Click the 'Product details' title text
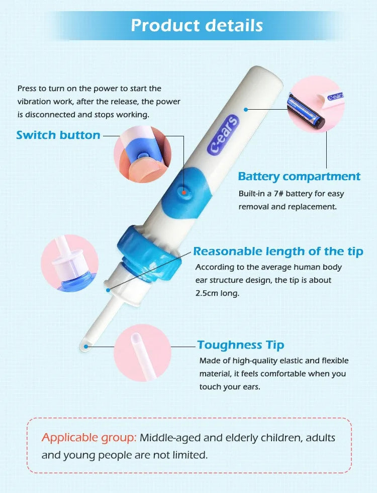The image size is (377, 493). pos(197,25)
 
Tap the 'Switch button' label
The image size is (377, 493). pos(58,135)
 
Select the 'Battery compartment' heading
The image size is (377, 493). pos(299,177)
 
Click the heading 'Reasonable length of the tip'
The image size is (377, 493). pos(278,251)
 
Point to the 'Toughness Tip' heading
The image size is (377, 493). pos(241,345)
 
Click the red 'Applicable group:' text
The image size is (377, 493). pos(89,437)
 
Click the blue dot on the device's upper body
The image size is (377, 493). pos(246,109)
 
